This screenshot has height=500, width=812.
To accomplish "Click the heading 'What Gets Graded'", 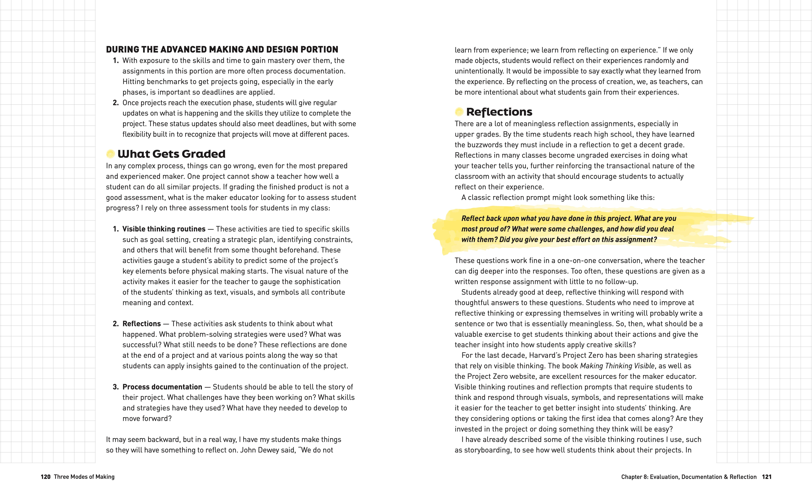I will [171, 154].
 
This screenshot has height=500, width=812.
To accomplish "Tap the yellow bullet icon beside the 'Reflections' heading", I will [459, 112].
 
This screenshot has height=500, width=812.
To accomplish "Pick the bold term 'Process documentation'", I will [162, 387].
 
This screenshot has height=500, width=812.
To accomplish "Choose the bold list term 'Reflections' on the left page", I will [142, 324].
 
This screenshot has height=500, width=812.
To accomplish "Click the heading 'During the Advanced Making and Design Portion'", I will [222, 50].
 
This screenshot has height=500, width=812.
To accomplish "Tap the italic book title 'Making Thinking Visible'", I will [617, 366].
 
